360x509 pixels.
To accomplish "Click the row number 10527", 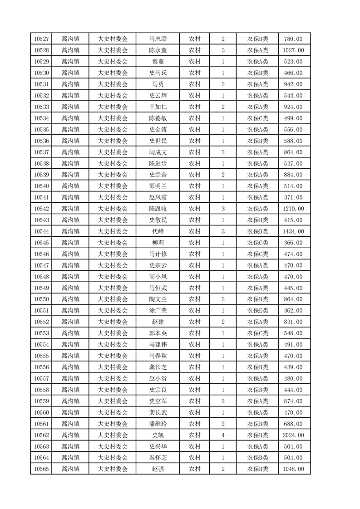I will pos(41,39).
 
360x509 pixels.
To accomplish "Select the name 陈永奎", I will pos(158,50).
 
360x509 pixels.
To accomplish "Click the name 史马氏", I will pos(158,73).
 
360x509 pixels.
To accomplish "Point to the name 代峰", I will pos(158,231).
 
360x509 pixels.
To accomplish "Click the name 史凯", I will pos(158,435).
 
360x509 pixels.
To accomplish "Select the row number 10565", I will pos(41,469).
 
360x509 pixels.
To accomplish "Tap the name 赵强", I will pos(158,469).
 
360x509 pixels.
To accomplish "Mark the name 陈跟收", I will pos(158,209).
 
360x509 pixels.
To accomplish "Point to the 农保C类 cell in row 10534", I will pos(257,118).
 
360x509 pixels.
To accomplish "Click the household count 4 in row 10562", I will pos(223,435).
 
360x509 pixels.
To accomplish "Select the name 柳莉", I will pos(158,243).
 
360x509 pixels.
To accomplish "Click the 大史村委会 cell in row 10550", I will pos(113,299).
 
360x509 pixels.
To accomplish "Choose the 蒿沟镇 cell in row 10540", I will pos(70,186).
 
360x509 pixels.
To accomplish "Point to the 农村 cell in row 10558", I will pos(195,390).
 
